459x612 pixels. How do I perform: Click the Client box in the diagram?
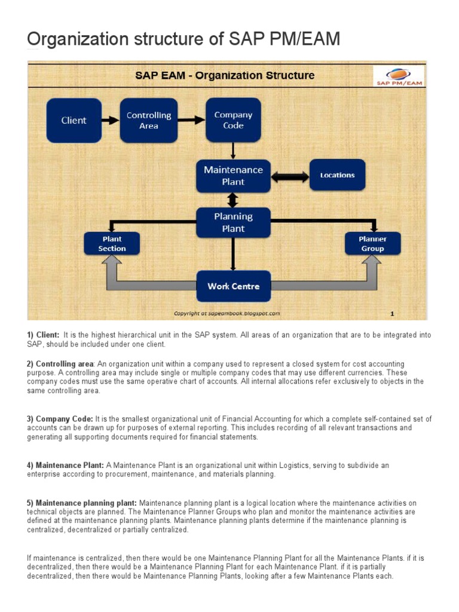[74, 120]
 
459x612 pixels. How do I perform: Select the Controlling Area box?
[149, 120]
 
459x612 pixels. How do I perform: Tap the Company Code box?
[233, 120]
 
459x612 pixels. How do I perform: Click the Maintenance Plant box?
[233, 176]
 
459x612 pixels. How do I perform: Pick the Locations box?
[337, 175]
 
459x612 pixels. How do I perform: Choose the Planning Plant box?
[233, 222]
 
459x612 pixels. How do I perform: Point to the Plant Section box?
[112, 244]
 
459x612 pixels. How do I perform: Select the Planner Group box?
[372, 244]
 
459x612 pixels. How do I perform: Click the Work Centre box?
[233, 286]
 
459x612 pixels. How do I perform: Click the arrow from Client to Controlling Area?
[111, 120]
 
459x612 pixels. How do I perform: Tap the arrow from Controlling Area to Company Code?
[192, 120]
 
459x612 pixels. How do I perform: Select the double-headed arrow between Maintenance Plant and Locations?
[290, 176]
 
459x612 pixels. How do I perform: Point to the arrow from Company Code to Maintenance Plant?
[233, 151]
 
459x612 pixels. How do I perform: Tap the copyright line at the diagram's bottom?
[227, 313]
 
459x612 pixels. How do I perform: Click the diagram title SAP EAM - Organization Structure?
[224, 75]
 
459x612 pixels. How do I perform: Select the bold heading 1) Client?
[43, 335]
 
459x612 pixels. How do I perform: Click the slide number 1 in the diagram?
[392, 313]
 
